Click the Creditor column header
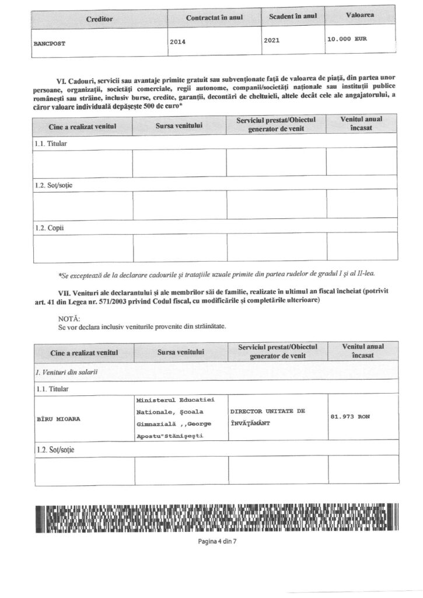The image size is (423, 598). [x=99, y=19]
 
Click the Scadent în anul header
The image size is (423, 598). [x=293, y=16]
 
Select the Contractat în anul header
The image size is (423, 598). [x=214, y=18]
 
